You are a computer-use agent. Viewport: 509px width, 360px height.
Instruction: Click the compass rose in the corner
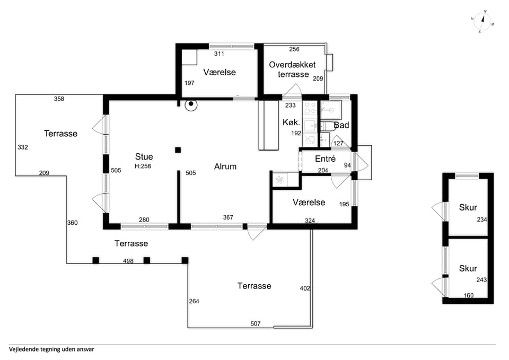click(x=482, y=22)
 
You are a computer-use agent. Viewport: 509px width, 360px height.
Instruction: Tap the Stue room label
click(x=144, y=157)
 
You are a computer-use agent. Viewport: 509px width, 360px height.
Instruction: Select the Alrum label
click(x=225, y=166)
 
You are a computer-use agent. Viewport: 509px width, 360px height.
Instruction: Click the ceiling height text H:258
click(x=143, y=166)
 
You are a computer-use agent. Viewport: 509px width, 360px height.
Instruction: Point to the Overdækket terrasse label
click(x=293, y=69)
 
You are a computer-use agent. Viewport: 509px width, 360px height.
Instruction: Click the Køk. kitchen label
click(x=291, y=122)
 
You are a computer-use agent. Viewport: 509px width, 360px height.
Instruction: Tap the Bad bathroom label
click(x=341, y=125)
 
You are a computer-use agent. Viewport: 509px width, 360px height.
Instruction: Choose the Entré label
click(x=325, y=159)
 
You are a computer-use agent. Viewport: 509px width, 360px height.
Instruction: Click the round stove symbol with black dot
click(x=191, y=104)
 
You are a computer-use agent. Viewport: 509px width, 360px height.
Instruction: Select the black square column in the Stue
click(x=178, y=150)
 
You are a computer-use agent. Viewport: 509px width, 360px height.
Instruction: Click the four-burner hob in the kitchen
click(x=310, y=108)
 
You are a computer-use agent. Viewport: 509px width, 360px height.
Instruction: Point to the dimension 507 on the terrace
click(x=256, y=323)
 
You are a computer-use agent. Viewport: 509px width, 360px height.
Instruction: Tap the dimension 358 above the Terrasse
click(x=59, y=99)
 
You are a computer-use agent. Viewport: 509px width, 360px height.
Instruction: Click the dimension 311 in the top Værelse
click(x=219, y=54)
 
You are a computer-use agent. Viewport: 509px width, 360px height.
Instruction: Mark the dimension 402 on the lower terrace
click(x=305, y=288)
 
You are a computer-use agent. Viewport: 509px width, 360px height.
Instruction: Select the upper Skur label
click(x=468, y=207)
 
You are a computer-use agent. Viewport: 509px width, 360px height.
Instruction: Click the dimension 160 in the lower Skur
click(x=468, y=295)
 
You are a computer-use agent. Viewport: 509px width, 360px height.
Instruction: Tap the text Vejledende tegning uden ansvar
click(x=51, y=349)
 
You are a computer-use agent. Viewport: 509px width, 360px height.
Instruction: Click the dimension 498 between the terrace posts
click(x=128, y=261)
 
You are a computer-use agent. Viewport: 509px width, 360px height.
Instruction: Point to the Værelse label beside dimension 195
click(x=309, y=203)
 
